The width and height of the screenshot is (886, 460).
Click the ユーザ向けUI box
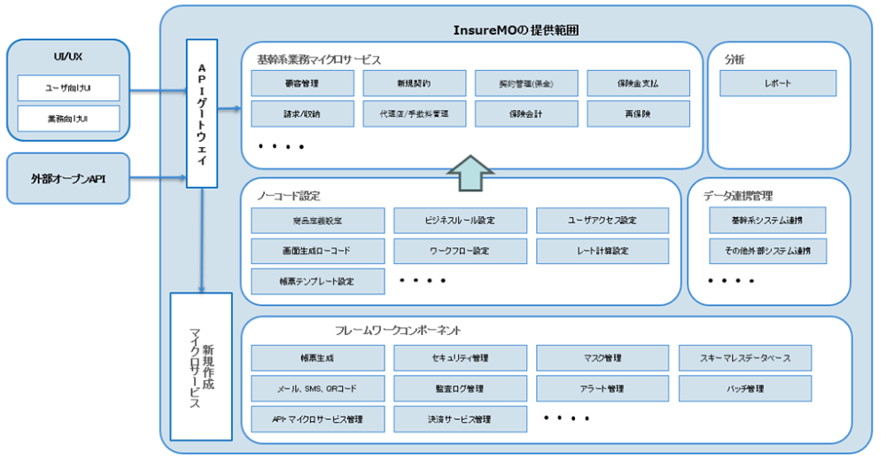tap(68, 88)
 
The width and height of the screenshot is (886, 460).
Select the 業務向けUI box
tap(68, 118)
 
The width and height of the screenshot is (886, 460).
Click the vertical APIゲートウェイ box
tap(202, 113)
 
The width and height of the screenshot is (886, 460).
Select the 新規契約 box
tap(414, 83)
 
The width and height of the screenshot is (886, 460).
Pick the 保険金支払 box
tap(638, 83)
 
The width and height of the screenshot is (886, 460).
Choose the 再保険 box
tap(638, 113)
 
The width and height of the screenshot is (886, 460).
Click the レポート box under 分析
tap(777, 83)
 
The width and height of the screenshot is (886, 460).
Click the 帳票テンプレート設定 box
tap(318, 281)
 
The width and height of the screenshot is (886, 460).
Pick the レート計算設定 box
tap(602, 251)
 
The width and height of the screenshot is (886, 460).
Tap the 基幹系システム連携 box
tap(767, 221)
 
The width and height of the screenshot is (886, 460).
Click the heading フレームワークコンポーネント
tap(398, 331)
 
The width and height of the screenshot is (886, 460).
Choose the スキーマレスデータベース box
tap(744, 358)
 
